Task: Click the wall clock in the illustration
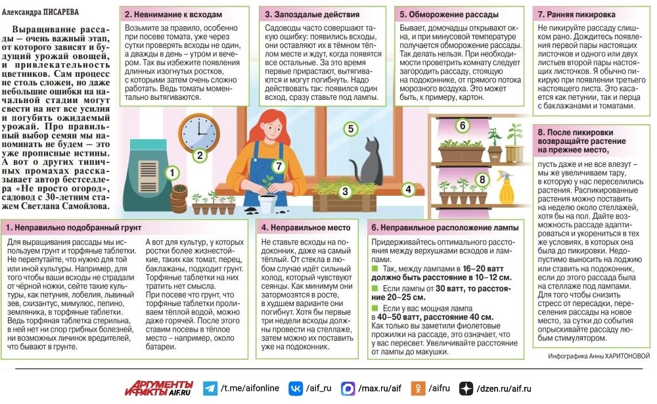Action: click(199, 133)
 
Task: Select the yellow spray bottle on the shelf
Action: click(506, 187)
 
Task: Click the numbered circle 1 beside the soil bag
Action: click(171, 173)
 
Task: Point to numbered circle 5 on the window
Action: click(351, 129)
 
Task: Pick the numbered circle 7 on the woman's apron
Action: click(278, 166)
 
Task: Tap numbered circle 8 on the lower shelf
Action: click(482, 180)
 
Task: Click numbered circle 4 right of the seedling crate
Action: click(408, 189)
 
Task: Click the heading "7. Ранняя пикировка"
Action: click(576, 14)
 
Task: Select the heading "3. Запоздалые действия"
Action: click(311, 14)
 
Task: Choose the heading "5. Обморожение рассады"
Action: click(449, 14)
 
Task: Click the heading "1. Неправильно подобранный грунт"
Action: click(74, 227)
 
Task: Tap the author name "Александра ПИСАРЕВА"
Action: click(40, 12)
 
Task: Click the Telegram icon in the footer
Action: click(210, 388)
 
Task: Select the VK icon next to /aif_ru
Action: click(296, 388)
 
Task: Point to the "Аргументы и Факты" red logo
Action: click(159, 388)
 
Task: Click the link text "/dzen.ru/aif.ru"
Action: click(504, 389)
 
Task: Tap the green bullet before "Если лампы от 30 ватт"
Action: click(374, 288)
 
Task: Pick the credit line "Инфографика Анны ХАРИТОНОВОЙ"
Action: click(599, 356)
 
